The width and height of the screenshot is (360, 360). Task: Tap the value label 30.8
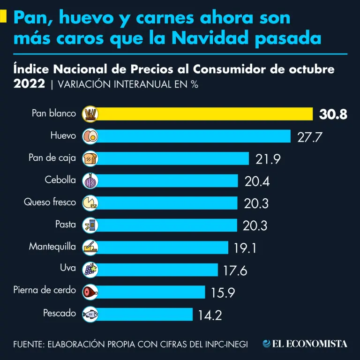[x=333, y=114]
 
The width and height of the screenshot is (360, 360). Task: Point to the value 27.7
[x=311, y=137]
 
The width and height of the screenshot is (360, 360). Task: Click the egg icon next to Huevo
[x=90, y=136]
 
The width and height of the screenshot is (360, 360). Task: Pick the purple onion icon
[x=90, y=180]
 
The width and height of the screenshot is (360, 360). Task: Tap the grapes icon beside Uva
[x=90, y=269]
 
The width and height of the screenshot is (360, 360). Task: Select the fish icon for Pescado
[x=90, y=314]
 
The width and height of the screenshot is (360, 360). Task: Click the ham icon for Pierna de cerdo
[x=90, y=292]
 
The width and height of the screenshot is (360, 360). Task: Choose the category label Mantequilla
[x=52, y=247]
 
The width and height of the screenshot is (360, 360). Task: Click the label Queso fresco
[x=50, y=202]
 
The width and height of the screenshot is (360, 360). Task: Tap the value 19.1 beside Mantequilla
[x=245, y=247]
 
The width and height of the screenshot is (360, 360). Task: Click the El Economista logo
[x=305, y=344]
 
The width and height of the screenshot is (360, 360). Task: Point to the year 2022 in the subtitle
[x=29, y=84]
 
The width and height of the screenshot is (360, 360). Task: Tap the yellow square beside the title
[x=3, y=17]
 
